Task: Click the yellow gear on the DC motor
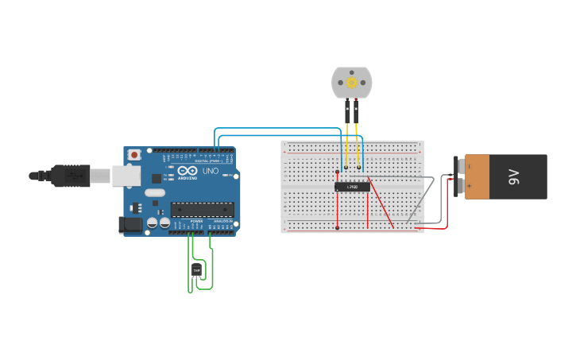tap(351, 82)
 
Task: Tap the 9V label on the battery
tap(513, 176)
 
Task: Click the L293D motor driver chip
tap(352, 187)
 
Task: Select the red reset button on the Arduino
tap(134, 153)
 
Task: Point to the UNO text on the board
tap(210, 171)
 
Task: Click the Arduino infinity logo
tap(187, 171)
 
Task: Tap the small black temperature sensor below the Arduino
tap(196, 270)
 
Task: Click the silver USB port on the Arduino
tap(126, 175)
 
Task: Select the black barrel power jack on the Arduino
tap(130, 225)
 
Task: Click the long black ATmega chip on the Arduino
tap(203, 209)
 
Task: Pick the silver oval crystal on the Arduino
tap(155, 192)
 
